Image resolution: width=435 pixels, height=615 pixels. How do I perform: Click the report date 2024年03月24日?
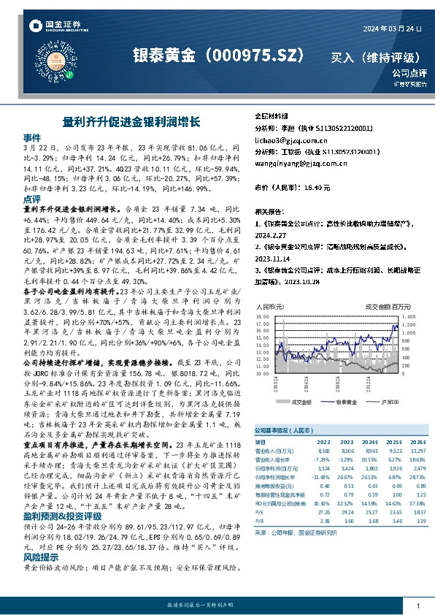tap(393, 28)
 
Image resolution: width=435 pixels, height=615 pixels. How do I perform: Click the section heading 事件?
tap(32, 137)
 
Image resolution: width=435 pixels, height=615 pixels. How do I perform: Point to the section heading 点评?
tap(32, 199)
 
